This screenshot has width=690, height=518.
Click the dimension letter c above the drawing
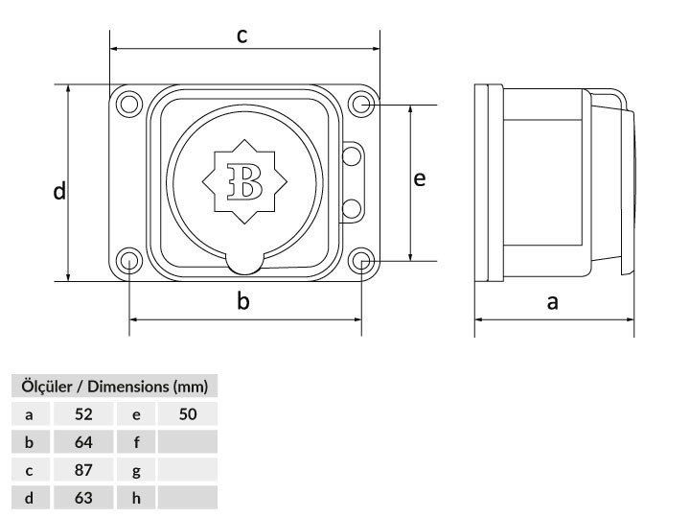point(242,36)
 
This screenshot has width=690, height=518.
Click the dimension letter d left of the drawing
point(59,192)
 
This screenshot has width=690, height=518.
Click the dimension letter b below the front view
point(243,301)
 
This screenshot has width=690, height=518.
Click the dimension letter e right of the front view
point(419,179)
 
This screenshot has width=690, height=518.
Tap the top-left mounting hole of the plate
point(128,103)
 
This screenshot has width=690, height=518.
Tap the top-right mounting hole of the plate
point(361,103)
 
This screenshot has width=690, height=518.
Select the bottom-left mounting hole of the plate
point(128,260)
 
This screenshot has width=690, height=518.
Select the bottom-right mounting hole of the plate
point(361,260)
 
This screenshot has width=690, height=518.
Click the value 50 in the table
point(187,415)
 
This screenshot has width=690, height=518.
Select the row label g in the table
point(136,471)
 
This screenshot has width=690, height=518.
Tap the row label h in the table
point(136,499)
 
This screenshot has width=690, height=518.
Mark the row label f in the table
point(136,443)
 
